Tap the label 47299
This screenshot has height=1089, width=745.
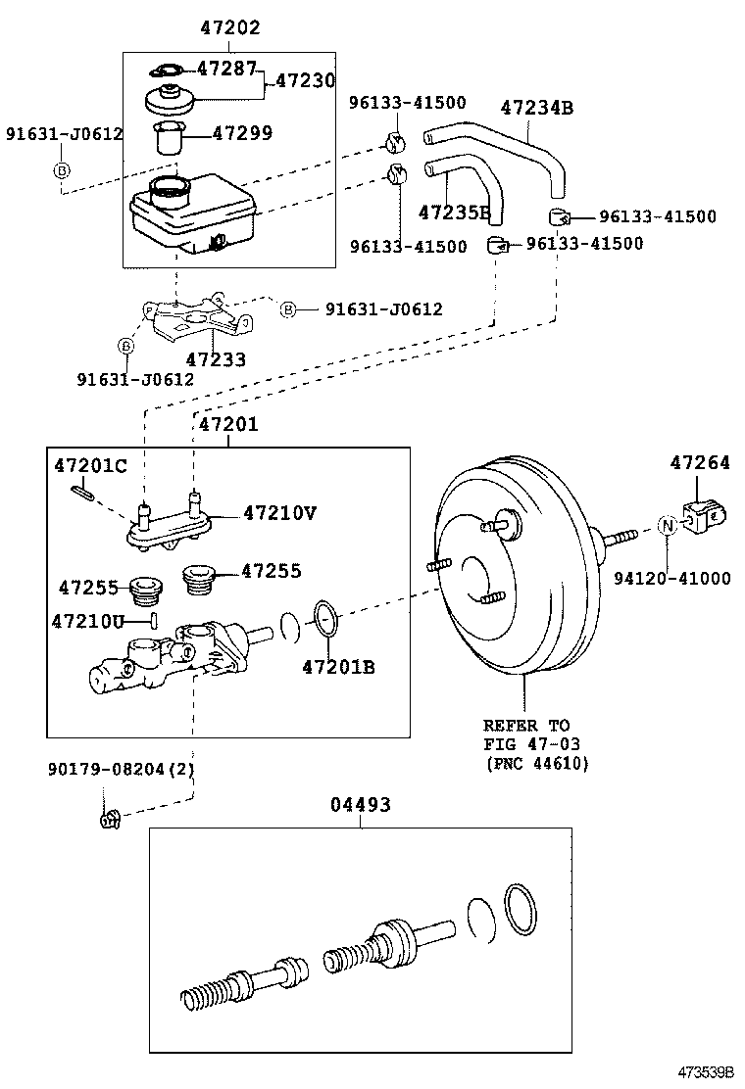244,133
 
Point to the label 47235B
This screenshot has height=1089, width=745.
454,212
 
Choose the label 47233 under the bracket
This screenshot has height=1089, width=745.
216,359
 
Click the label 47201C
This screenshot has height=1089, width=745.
90,465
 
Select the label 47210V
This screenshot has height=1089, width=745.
279,512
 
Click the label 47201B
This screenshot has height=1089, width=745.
338,668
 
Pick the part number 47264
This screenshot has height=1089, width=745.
700,462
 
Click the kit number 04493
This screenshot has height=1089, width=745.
360,805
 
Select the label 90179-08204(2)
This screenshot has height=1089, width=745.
122,769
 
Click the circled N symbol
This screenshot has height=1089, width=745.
667,526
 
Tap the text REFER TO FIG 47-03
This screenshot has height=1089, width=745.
526,734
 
